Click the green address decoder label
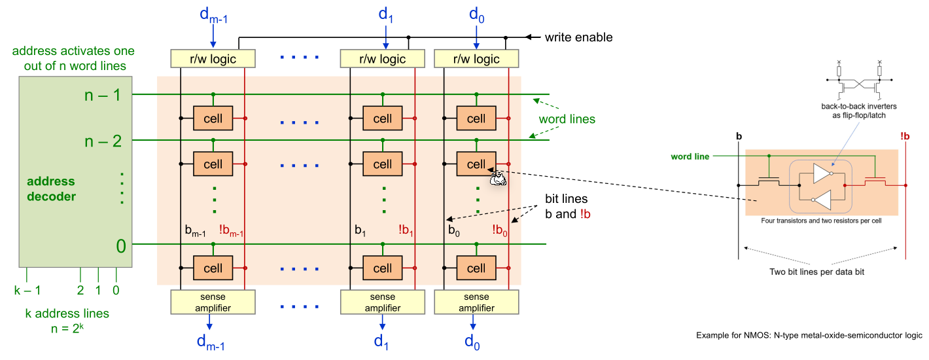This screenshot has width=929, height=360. pyautogui.click(x=51, y=189)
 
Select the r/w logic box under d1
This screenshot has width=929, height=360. pyautogui.click(x=383, y=59)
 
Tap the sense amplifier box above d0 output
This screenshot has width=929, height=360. pyautogui.click(x=476, y=302)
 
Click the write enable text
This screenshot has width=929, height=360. pyautogui.click(x=578, y=37)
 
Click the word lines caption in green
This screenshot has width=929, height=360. pyautogui.click(x=567, y=120)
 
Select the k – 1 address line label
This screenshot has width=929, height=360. pyautogui.click(x=27, y=289)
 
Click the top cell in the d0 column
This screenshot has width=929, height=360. pyautogui.click(x=476, y=119)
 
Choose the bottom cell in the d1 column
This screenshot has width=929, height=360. pyautogui.click(x=383, y=268)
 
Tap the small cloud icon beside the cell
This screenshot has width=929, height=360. pyautogui.click(x=498, y=178)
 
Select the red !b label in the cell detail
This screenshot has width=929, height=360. pyautogui.click(x=905, y=136)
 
